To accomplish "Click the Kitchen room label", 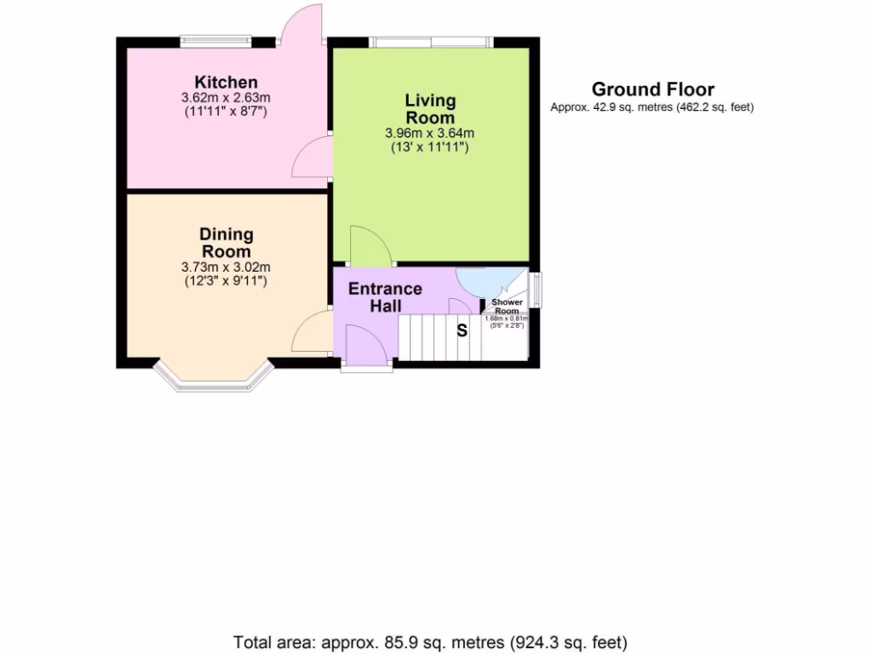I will pos(226,82).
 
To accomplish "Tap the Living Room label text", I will pos(429,109).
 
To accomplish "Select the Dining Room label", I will pos(226,243).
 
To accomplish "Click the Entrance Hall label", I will pos(385,297).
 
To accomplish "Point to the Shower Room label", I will pos(507,307).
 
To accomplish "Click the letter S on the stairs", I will pos(462,330).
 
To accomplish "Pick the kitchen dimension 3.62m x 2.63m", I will pos(226,97).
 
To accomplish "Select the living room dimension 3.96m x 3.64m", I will pos(429,133).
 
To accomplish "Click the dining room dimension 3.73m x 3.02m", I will pos(226,267).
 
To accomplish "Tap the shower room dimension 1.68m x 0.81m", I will pos(507,318).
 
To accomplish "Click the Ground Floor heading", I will pos(652,89).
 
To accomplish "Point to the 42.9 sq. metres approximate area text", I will pos(652,107).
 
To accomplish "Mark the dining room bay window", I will pos(213,381).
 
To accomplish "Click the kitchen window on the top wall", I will pos(215,40).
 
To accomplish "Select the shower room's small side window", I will pos(535,290).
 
